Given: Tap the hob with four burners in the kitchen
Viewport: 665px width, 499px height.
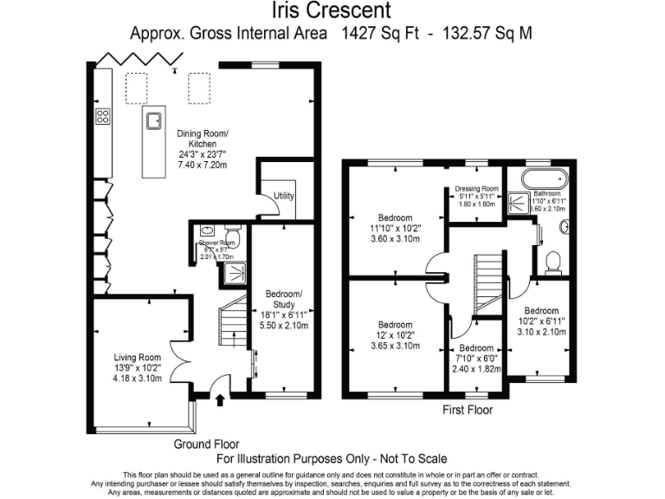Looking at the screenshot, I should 102,117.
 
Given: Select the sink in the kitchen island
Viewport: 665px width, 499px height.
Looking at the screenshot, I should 156,120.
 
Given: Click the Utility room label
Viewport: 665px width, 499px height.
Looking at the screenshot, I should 284,196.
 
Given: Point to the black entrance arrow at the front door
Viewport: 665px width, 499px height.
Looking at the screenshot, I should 217,400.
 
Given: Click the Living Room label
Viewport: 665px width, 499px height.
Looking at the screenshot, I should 138,357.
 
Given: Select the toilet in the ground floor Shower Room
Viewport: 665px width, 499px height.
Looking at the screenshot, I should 231,235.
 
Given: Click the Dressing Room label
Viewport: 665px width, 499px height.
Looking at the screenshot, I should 477,188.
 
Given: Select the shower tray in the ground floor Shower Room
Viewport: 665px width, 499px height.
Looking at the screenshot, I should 233,274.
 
